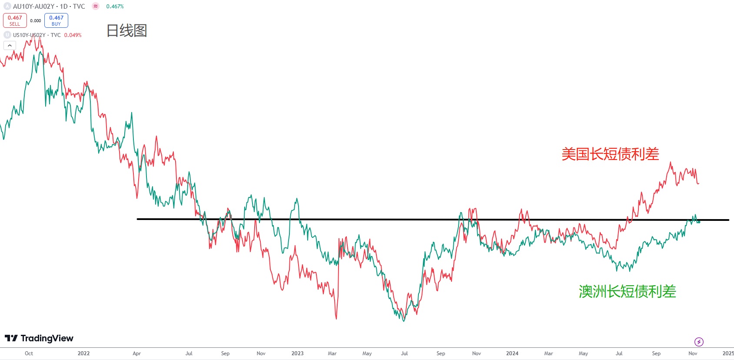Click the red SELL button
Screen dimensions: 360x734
[15, 20]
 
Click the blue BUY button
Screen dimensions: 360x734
[56, 20]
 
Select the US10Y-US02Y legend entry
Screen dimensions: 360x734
[37, 35]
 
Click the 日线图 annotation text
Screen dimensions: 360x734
[127, 31]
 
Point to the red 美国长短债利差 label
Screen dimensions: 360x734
[610, 154]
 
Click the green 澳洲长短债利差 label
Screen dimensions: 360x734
[627, 291]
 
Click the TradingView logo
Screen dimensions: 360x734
[39, 338]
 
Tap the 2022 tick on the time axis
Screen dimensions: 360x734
[83, 353]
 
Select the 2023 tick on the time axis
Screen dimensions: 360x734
[297, 353]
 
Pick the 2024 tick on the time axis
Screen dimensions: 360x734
[512, 353]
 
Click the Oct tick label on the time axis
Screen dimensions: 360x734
[29, 353]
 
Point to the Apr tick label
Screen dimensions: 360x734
[136, 353]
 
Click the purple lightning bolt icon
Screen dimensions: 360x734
[699, 342]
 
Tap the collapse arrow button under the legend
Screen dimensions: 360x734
[10, 46]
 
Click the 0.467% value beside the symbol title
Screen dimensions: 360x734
[115, 7]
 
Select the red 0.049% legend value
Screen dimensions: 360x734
[73, 35]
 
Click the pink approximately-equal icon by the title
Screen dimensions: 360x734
[96, 7]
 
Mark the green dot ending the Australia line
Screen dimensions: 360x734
[698, 222]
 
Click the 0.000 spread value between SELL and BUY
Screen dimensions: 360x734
[36, 21]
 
